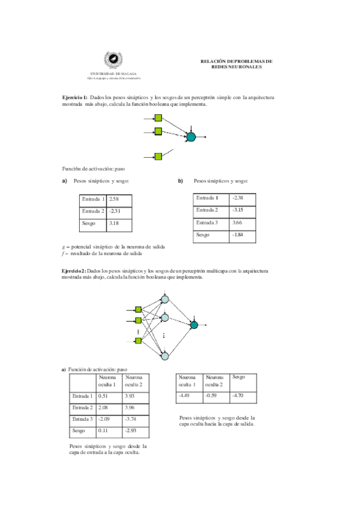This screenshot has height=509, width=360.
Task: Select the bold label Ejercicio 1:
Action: (x=75, y=97)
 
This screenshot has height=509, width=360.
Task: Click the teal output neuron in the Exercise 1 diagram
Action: (x=191, y=137)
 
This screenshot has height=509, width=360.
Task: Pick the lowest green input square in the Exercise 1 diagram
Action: (x=158, y=157)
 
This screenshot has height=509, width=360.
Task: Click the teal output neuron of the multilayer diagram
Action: (x=194, y=325)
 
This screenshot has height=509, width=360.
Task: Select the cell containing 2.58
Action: (x=119, y=199)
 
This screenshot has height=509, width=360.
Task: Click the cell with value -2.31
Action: (x=119, y=211)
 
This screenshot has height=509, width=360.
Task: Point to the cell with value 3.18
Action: (x=119, y=224)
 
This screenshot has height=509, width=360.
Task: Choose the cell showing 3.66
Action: (x=243, y=223)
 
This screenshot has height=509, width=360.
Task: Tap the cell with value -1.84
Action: (x=243, y=235)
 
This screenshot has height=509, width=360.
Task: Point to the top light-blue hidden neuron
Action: (x=165, y=300)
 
